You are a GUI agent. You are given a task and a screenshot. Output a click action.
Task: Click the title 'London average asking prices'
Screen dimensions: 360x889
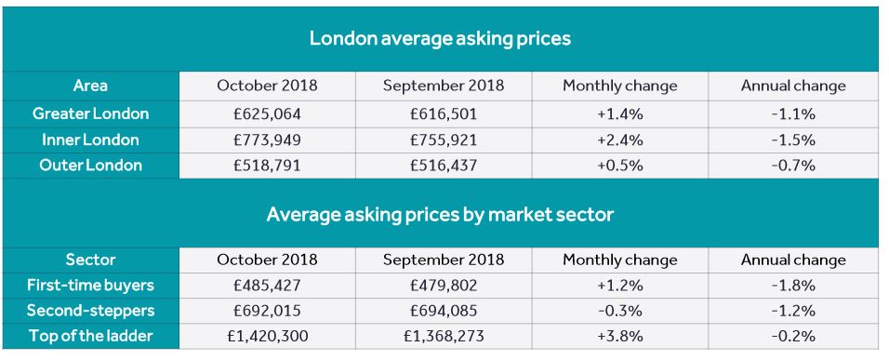(440, 39)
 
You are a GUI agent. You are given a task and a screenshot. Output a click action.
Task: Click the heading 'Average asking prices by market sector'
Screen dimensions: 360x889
(440, 214)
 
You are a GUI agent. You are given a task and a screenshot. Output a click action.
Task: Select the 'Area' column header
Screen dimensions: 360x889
(90, 86)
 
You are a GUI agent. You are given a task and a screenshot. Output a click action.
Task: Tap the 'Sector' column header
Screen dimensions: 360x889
(90, 260)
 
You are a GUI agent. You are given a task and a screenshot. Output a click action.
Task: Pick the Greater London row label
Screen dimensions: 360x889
(90, 113)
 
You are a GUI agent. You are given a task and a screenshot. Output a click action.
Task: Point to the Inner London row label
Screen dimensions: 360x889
(90, 140)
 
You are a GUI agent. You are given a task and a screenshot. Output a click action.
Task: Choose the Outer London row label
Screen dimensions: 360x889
(90, 166)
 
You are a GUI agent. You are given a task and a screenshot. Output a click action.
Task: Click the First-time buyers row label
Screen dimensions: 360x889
(90, 286)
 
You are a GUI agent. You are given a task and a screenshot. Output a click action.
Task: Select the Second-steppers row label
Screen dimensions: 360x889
(90, 311)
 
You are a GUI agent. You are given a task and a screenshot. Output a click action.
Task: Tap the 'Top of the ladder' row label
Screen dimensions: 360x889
(90, 337)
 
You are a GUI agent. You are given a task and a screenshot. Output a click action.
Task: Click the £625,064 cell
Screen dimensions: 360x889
(267, 113)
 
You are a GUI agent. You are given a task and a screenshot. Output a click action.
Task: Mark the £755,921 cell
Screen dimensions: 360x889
(444, 140)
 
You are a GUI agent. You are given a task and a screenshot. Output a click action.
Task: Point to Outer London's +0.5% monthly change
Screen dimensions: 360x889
(620, 166)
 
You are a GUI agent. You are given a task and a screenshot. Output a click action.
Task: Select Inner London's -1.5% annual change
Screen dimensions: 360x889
(793, 140)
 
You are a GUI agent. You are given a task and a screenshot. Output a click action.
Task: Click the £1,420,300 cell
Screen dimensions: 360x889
(267, 337)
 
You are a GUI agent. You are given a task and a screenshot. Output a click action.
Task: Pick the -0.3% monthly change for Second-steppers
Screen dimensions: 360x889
(620, 311)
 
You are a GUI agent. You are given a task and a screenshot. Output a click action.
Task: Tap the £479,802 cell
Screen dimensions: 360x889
(444, 286)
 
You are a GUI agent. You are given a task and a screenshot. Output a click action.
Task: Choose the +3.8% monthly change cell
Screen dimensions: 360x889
(620, 337)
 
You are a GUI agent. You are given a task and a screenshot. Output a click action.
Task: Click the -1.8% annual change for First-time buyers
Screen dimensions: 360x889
(793, 286)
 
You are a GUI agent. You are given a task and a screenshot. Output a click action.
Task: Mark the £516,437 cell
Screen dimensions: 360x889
(444, 166)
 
